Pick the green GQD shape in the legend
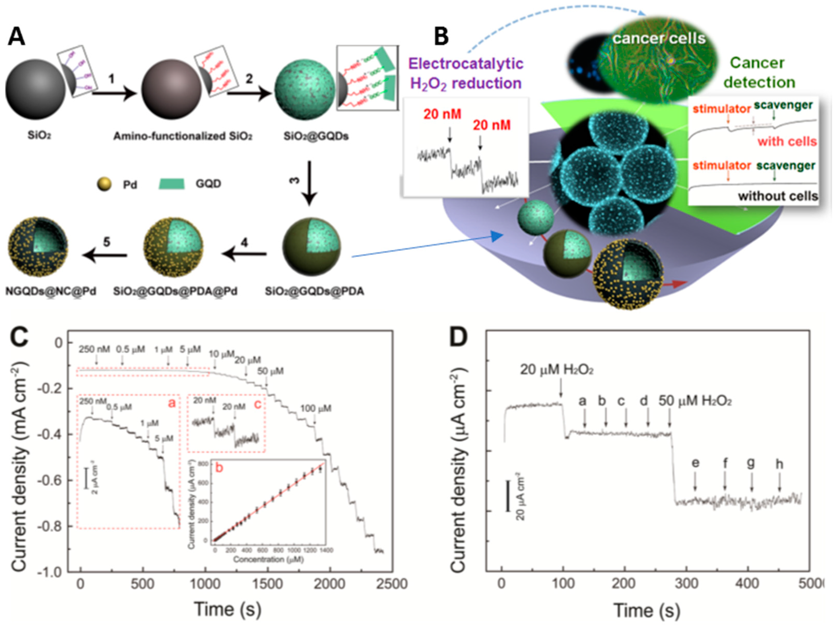click(171, 184)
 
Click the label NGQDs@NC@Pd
click(51, 291)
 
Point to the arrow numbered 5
click(105, 255)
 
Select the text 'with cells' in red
click(787, 142)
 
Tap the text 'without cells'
click(778, 196)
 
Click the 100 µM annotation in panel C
click(316, 408)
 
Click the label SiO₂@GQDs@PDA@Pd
click(175, 291)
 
